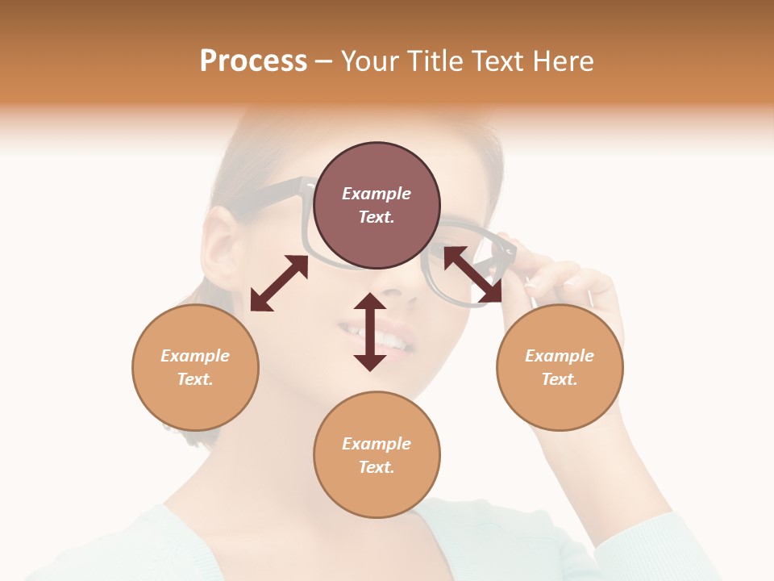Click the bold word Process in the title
pos(253,61)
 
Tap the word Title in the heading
pos(436,61)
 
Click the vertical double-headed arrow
pos(370,332)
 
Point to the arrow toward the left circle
pos(279,283)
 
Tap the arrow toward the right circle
pos(473,275)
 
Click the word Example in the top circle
pos(377,194)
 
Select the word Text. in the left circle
pos(195,379)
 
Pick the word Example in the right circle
pos(560,356)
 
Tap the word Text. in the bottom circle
pos(377,467)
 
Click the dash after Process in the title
pos(324,61)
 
